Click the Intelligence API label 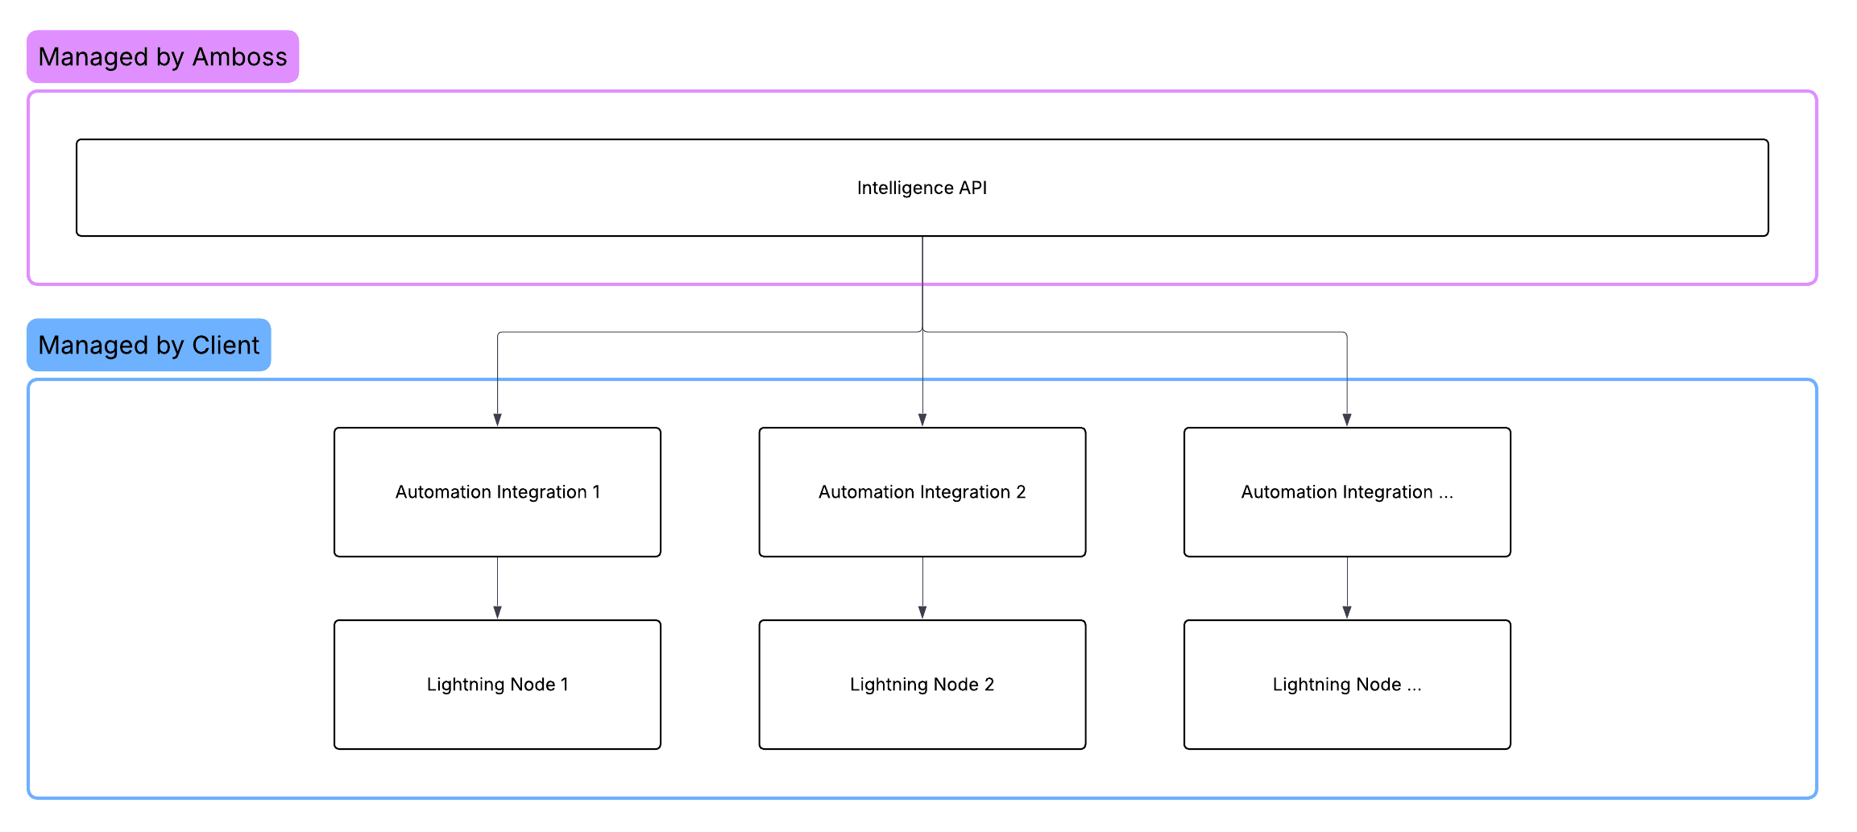tap(922, 188)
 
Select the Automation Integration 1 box tap(497, 492)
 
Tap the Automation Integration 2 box tap(922, 492)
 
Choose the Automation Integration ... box tap(1346, 492)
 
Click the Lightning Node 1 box tap(497, 685)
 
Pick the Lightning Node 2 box tap(922, 685)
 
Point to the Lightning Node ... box tap(1346, 685)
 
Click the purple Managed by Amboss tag tap(163, 56)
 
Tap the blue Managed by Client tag tap(149, 345)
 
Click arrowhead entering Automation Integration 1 tap(497, 420)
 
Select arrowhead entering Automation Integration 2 tap(922, 420)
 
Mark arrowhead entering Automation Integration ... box tap(1346, 420)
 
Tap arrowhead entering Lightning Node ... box tap(1346, 612)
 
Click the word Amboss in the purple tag tap(239, 56)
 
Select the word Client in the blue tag tap(226, 345)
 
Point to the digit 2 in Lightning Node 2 tap(989, 685)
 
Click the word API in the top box tap(972, 188)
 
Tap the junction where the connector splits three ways tap(922, 332)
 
